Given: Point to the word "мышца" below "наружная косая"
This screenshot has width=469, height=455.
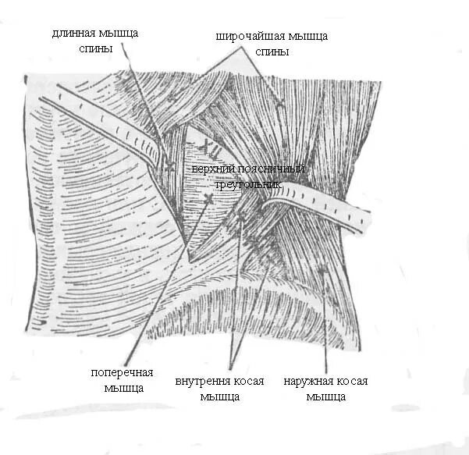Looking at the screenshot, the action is coord(326,396).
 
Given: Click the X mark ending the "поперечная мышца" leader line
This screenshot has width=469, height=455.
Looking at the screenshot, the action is coord(208,198).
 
